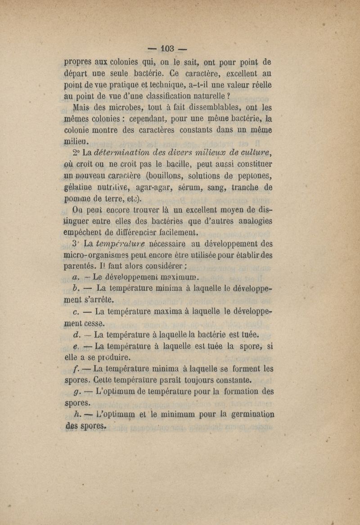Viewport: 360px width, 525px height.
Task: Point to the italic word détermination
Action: (x=119, y=151)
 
